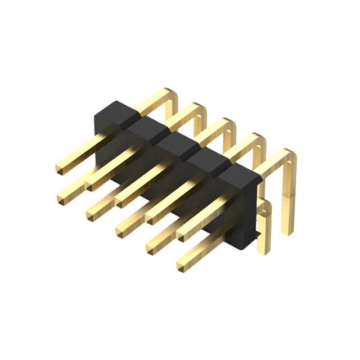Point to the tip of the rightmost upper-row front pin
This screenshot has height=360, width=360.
(184, 232)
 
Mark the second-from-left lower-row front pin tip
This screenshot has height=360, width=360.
(94, 214)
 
